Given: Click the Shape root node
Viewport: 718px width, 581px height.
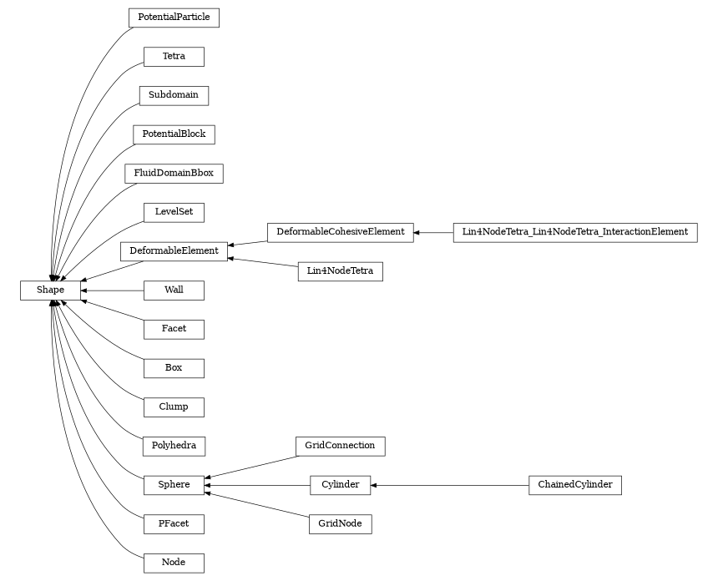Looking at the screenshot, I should (x=50, y=290).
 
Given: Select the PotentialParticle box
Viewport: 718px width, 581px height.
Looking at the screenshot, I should (x=174, y=18).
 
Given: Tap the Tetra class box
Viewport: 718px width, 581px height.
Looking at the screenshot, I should (x=174, y=57).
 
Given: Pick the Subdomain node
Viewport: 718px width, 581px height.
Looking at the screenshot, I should (x=174, y=95).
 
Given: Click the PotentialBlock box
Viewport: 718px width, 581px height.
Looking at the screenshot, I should (x=174, y=134).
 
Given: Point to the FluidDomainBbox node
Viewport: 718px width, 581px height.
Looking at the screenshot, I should (x=174, y=174).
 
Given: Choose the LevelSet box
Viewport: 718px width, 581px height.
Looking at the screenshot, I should (x=174, y=212).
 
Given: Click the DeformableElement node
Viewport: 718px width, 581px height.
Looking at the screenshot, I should (x=174, y=250).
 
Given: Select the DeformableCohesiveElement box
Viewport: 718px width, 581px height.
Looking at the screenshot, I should (x=341, y=231).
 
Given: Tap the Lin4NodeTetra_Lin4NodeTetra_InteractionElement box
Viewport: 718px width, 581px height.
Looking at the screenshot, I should (x=575, y=231).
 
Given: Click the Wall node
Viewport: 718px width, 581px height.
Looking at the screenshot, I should (x=174, y=290).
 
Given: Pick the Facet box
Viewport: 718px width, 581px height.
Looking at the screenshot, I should (x=174, y=329).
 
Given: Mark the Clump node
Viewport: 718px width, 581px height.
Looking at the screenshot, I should (x=174, y=407).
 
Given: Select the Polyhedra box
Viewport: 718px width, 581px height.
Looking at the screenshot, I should (x=174, y=446).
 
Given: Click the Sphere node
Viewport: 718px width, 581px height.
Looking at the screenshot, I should (x=174, y=485).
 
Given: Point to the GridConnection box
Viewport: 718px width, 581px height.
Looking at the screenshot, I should (x=340, y=446).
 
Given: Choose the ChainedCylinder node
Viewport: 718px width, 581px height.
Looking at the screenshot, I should (x=575, y=485).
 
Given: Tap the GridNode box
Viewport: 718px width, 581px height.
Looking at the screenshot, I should (x=340, y=524).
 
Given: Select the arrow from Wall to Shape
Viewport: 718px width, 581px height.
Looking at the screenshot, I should (x=112, y=290).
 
